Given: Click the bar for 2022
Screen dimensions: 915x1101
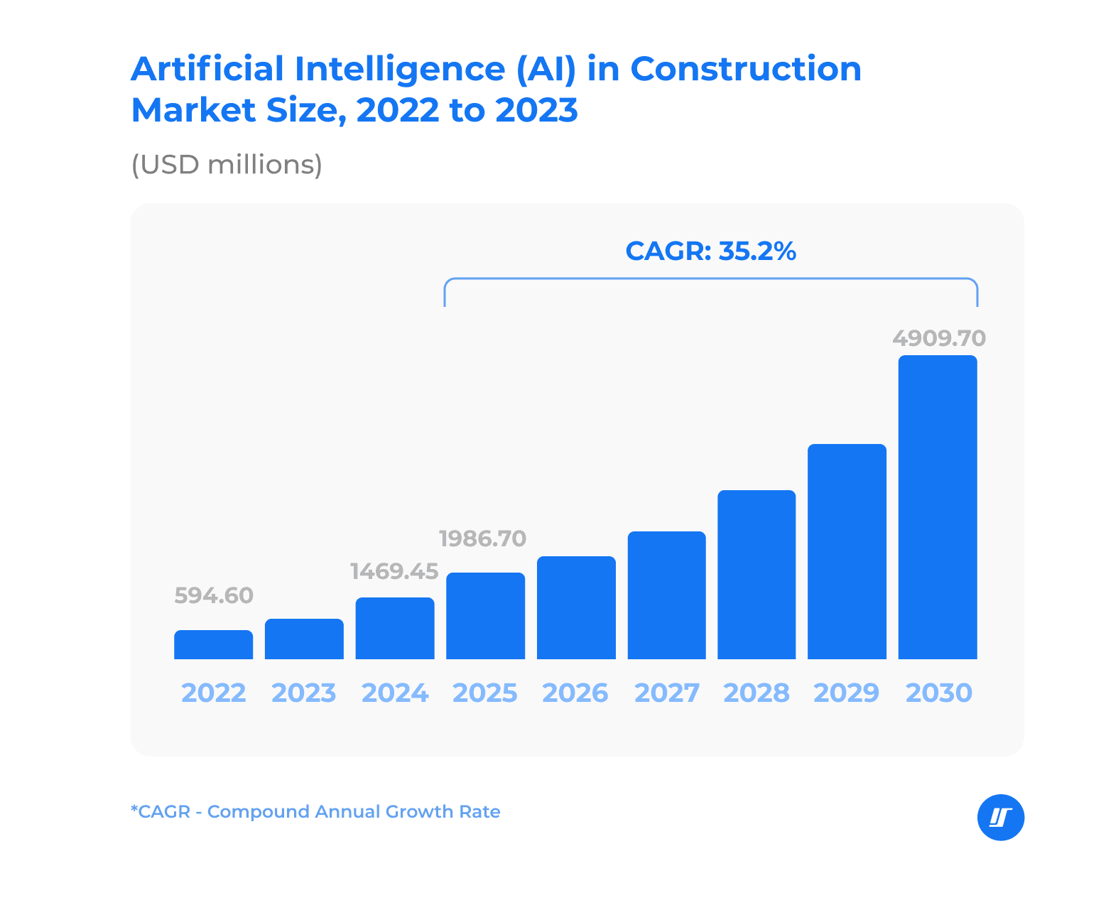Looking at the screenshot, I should click(213, 644).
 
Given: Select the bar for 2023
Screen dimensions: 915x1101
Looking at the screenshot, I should click(304, 639).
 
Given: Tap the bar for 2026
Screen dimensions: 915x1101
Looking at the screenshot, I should click(576, 607).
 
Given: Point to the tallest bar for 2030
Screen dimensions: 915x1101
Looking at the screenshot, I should click(938, 507).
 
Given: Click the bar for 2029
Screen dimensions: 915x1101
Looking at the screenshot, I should click(847, 551).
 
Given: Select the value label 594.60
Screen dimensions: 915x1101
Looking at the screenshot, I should click(214, 595).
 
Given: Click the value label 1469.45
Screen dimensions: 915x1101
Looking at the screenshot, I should click(394, 571).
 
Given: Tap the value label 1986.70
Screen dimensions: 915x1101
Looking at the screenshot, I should click(483, 538).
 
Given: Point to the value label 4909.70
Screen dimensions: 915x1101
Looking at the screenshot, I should click(939, 337).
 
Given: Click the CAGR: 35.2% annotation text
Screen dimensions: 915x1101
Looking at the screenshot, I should click(710, 251).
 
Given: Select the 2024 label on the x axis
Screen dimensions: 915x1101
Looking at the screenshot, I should click(395, 693).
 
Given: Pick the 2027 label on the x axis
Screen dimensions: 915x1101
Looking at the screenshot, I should click(666, 693).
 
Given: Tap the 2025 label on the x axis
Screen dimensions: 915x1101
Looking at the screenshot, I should click(485, 693).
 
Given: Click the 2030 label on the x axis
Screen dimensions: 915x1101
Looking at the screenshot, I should click(938, 693).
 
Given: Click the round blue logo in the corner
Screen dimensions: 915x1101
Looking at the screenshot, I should click(1001, 818).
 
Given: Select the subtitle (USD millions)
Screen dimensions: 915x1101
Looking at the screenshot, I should click(227, 165).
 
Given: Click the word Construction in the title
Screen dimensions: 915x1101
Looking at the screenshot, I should click(745, 69).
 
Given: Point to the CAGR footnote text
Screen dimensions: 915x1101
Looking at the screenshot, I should click(315, 811).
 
